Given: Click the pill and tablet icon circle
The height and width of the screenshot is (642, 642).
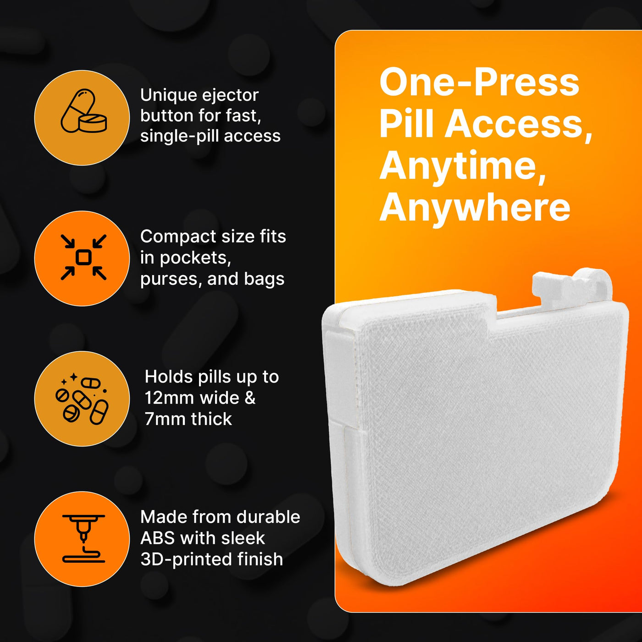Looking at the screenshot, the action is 82,117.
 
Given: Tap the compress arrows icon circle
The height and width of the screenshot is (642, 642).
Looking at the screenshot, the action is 82,258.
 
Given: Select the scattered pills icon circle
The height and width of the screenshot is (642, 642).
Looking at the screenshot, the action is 82,398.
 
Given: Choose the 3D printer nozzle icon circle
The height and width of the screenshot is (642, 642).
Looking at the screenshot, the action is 82,539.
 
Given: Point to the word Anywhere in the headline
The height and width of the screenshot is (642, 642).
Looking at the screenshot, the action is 475,208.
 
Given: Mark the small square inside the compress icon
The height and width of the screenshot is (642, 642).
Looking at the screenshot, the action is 83,257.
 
